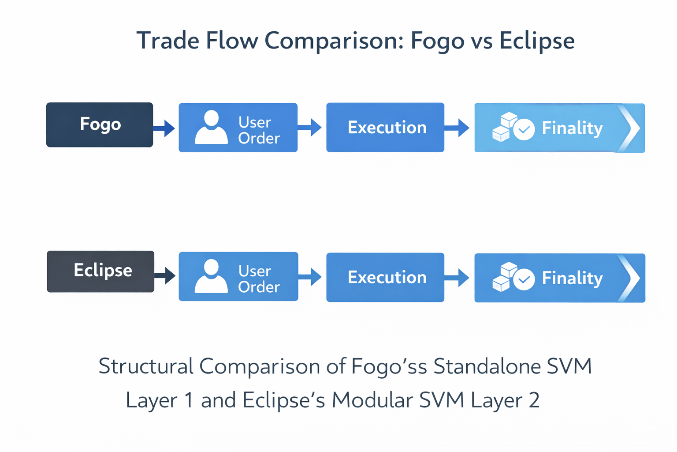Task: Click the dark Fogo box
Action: click(x=100, y=125)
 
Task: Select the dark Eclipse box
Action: click(x=100, y=271)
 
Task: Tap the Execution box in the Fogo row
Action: click(x=385, y=127)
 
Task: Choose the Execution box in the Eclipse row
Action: click(x=385, y=277)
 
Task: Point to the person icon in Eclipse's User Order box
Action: click(x=211, y=276)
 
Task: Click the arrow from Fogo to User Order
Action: click(x=164, y=128)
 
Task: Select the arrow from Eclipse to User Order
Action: click(x=165, y=275)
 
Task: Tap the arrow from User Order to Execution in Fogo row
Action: click(x=309, y=128)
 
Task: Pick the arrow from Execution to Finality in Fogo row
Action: click(x=457, y=128)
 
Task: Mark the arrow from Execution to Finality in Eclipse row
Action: click(x=457, y=278)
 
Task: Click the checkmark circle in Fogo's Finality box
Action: click(x=524, y=130)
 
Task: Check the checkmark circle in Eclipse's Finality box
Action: click(x=524, y=279)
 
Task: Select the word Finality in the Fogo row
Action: click(x=572, y=128)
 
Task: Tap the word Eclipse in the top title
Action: click(x=537, y=41)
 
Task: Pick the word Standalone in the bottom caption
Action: click(x=487, y=366)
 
